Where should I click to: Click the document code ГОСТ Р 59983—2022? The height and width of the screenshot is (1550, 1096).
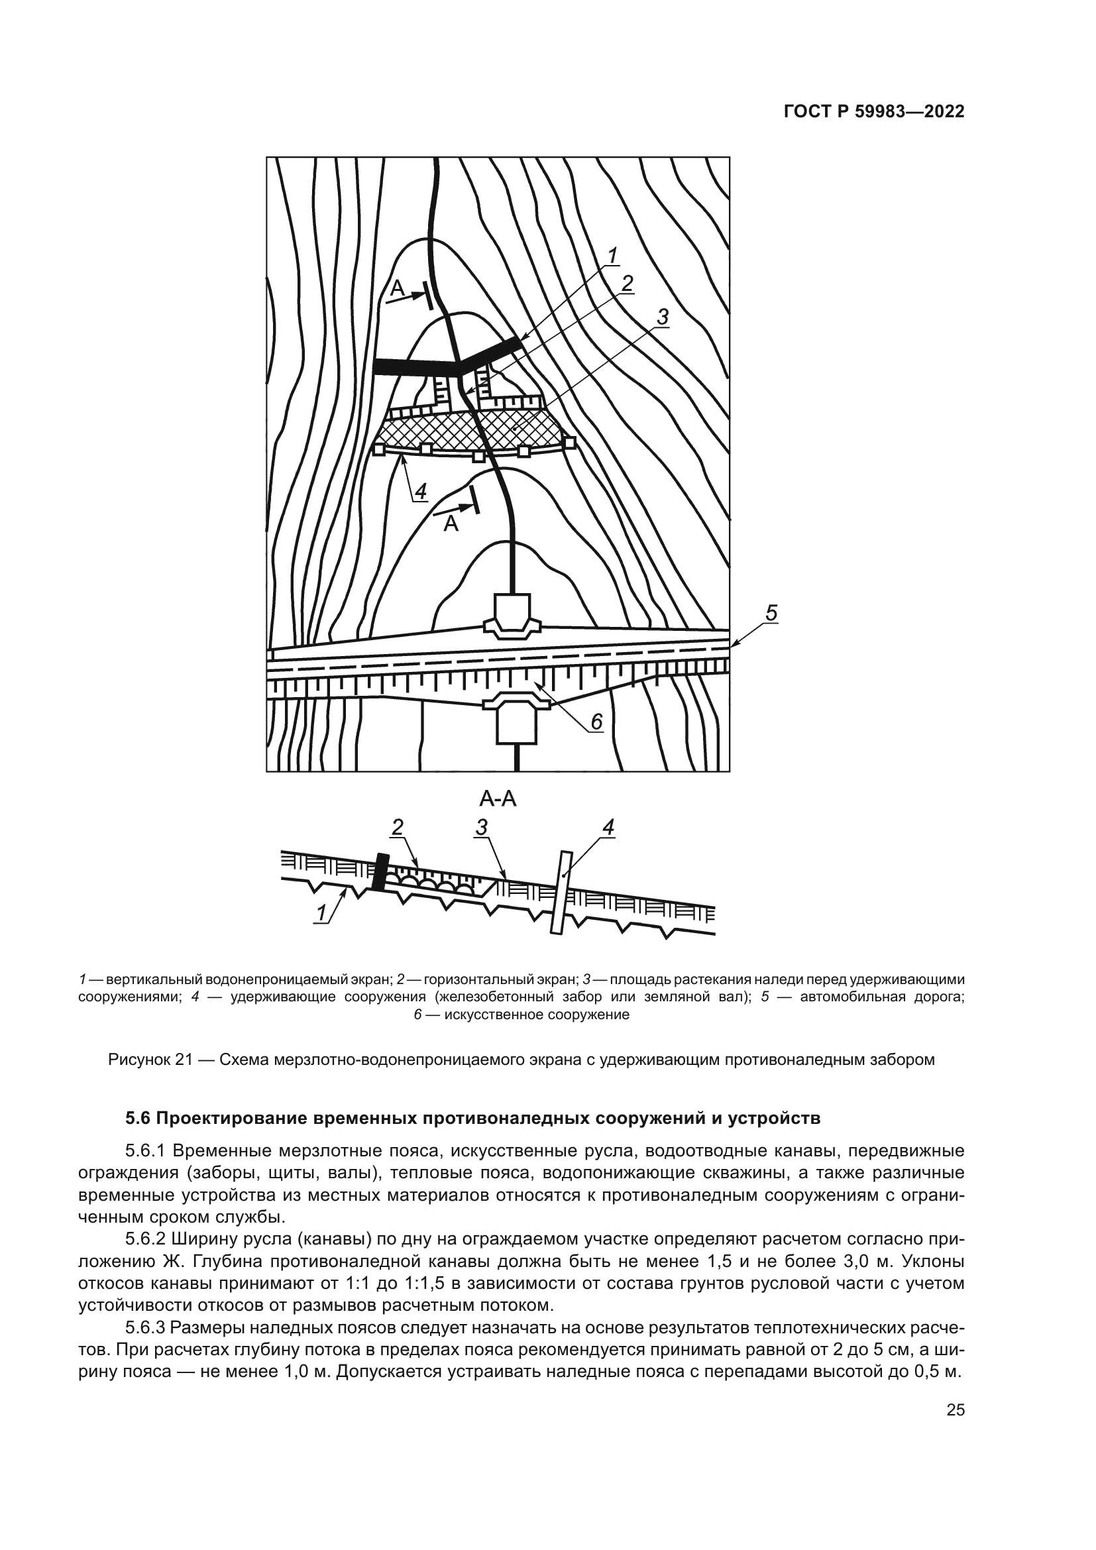[x=873, y=111]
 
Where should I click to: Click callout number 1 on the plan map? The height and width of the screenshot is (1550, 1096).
[x=612, y=256]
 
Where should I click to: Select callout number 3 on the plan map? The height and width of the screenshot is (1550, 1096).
[x=662, y=316]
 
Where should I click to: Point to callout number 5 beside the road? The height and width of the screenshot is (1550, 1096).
[x=771, y=613]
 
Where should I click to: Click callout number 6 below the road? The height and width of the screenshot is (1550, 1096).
[x=596, y=722]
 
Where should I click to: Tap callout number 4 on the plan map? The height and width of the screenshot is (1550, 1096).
[x=421, y=492]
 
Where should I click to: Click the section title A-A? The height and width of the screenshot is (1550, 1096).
[x=498, y=799]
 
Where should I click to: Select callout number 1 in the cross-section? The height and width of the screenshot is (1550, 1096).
[x=322, y=913]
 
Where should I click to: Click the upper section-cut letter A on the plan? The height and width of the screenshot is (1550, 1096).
[x=397, y=288]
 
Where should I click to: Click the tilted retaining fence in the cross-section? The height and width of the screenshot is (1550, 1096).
[x=561, y=892]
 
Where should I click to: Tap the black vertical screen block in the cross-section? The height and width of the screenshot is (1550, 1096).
[x=380, y=871]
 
